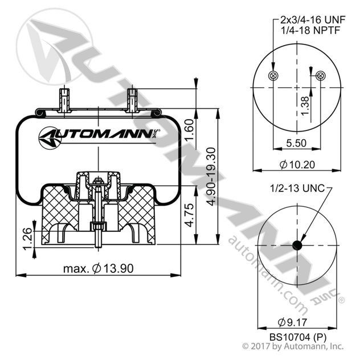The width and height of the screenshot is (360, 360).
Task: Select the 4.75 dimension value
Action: (x=191, y=216)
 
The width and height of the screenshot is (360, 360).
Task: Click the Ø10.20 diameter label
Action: (x=297, y=165)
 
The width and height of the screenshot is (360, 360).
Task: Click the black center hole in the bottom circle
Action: (x=297, y=246)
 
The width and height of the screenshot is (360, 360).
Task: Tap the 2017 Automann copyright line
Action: (x=293, y=346)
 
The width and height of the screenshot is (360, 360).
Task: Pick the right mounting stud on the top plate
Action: (x=132, y=99)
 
